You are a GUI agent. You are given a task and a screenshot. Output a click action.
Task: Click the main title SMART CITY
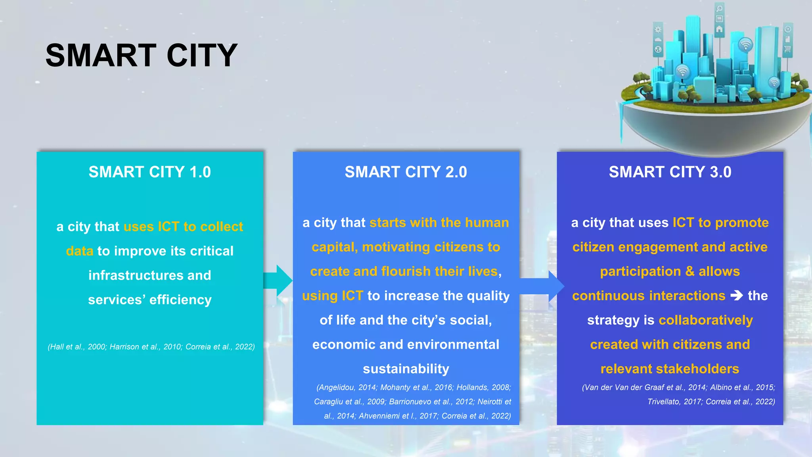(141, 56)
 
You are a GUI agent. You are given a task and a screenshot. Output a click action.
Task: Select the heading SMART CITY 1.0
(149, 172)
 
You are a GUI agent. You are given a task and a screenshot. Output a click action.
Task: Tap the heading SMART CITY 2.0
(406, 172)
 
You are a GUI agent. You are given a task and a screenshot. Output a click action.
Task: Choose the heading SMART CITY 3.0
(670, 172)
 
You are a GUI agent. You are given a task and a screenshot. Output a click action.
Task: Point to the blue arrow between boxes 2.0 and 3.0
(542, 286)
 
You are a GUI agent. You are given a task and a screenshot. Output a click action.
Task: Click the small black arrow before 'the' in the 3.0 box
(737, 296)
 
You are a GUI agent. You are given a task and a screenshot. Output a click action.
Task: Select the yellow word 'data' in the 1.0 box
(80, 251)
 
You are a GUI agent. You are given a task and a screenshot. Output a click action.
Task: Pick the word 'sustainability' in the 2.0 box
(406, 369)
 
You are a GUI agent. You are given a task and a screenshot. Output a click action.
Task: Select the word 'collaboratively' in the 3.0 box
(705, 320)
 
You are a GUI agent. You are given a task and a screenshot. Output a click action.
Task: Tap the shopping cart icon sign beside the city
(787, 49)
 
